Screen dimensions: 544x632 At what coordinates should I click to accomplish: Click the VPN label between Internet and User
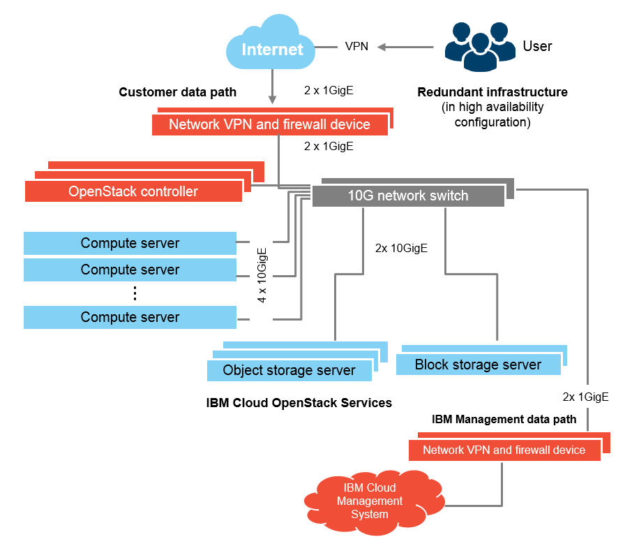(x=357, y=47)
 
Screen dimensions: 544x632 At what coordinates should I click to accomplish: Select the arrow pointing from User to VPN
(x=407, y=47)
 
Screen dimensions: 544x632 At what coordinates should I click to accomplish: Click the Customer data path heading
(x=177, y=92)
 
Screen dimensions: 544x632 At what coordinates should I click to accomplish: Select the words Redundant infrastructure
(x=492, y=92)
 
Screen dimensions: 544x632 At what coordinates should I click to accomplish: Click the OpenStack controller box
(x=133, y=191)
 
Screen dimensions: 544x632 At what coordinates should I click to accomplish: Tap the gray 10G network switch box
(x=408, y=196)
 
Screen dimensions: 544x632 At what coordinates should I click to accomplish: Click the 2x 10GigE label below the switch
(x=401, y=248)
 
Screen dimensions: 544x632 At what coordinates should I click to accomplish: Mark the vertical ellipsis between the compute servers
(x=135, y=293)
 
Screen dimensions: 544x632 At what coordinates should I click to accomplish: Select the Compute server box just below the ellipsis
(x=130, y=317)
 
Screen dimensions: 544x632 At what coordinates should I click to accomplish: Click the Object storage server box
(x=289, y=370)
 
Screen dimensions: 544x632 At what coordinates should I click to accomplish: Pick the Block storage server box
(x=478, y=365)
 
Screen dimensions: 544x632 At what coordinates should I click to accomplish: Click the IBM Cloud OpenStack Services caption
(x=299, y=403)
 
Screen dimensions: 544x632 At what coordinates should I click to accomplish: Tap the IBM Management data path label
(x=504, y=419)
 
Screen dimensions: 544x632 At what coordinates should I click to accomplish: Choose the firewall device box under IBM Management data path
(x=504, y=450)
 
